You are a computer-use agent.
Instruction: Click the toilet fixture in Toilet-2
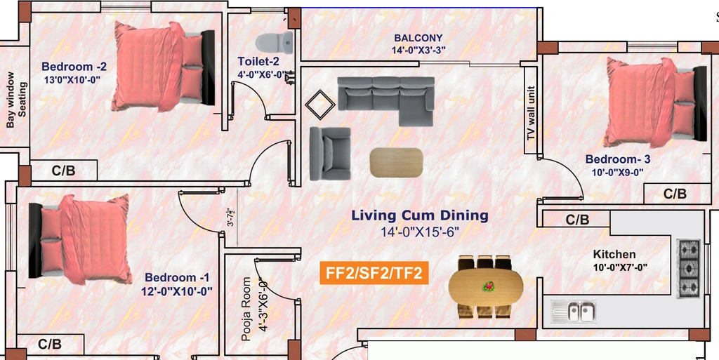[x=275, y=43]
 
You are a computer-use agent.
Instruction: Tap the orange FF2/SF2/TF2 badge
[x=374, y=274]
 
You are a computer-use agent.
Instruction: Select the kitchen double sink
[x=574, y=312]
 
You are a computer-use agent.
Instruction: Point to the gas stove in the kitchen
[x=689, y=268]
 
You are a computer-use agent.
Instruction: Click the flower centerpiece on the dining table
[x=489, y=287]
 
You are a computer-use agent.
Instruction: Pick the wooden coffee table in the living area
[x=396, y=163]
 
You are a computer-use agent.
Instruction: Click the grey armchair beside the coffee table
[x=330, y=154]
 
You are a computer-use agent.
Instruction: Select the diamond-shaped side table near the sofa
[x=320, y=104]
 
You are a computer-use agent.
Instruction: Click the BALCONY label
[x=418, y=38]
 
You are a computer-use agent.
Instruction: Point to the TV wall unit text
[x=531, y=113]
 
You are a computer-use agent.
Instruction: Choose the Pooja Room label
[x=246, y=309]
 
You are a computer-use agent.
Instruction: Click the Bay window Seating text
[x=16, y=100]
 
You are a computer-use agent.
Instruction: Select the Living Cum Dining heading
[x=420, y=215]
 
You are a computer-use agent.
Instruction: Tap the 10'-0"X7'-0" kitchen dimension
[x=621, y=267]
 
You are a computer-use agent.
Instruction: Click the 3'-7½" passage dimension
[x=231, y=218]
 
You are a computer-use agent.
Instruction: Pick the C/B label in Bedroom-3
[x=675, y=194]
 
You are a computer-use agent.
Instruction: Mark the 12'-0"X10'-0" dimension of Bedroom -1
[x=177, y=291]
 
